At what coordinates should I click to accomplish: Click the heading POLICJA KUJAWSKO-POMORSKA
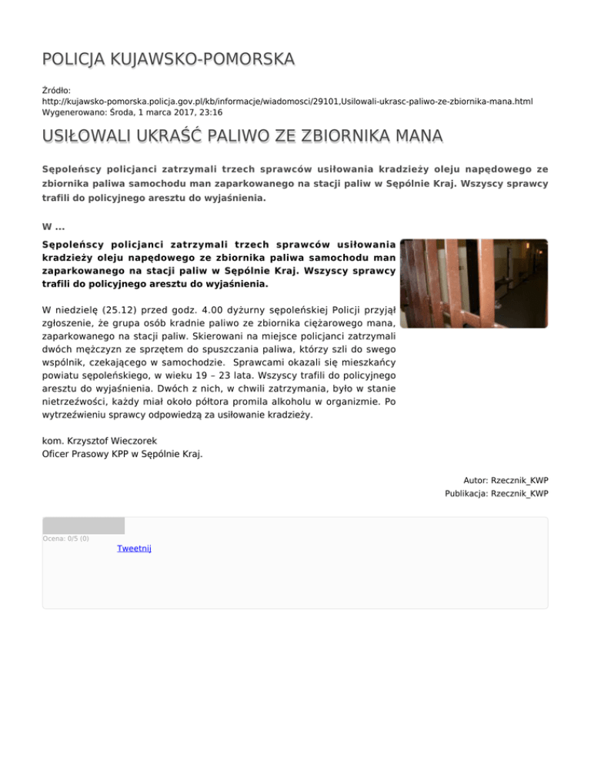[169, 59]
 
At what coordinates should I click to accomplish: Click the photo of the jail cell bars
[476, 282]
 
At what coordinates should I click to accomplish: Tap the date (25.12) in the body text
[124, 311]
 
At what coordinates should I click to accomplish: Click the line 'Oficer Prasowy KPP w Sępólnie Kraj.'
[122, 454]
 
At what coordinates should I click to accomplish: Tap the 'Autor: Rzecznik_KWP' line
[506, 480]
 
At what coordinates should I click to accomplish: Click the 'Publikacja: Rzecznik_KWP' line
[496, 494]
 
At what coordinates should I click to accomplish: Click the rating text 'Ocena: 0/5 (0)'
[66, 538]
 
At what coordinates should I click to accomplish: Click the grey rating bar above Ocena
[83, 526]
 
